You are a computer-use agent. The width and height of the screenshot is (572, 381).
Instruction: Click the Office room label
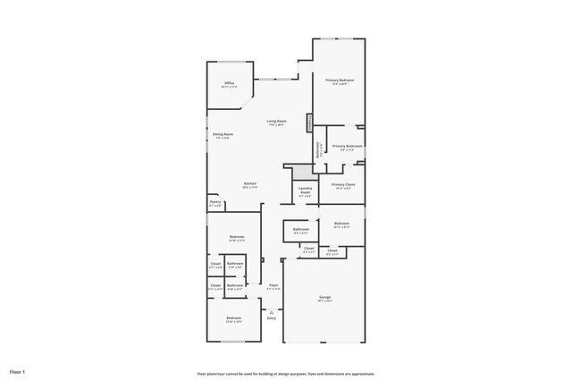229,83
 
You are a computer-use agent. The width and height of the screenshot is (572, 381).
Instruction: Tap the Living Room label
276,121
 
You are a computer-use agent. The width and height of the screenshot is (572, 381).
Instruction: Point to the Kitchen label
250,183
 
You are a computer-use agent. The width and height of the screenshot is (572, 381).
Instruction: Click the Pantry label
214,202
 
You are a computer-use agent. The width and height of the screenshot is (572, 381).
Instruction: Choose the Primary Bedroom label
340,80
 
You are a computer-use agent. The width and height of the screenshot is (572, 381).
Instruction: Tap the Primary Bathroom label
347,146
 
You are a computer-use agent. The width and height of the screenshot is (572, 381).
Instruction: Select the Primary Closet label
342,185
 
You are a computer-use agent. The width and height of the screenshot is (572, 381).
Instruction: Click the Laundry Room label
305,190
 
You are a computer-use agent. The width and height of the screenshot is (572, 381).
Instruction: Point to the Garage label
324,297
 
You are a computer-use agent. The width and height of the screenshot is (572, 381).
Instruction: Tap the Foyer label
273,285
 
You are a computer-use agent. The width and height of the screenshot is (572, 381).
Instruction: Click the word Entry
272,317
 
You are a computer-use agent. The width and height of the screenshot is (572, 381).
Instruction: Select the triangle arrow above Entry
272,310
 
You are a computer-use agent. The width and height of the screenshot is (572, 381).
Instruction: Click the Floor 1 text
18,370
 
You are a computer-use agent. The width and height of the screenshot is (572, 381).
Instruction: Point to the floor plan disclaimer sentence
286,374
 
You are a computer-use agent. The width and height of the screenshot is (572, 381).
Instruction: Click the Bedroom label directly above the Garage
342,223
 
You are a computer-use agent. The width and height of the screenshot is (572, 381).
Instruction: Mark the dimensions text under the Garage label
324,301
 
